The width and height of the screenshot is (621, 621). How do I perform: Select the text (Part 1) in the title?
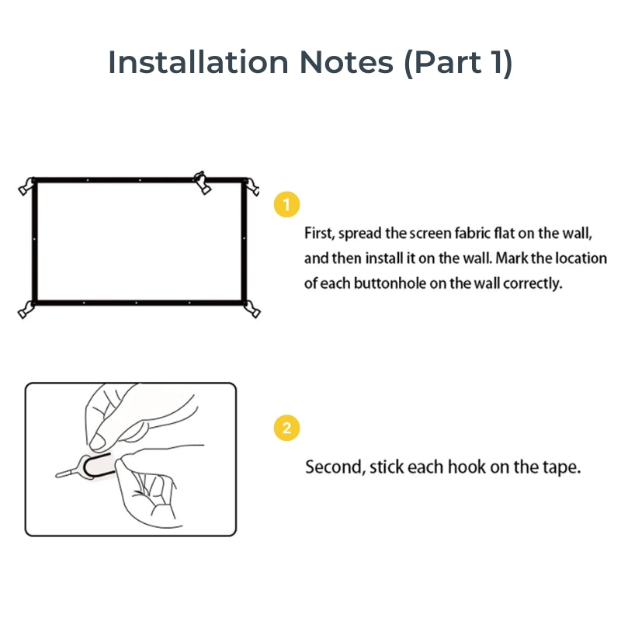point(458,62)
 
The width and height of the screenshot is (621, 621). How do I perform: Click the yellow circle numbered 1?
point(287,205)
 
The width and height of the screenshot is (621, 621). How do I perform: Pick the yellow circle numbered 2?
point(287,428)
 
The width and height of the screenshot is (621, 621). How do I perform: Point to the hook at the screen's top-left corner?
point(26,187)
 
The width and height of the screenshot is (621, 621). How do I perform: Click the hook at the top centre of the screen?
point(202,182)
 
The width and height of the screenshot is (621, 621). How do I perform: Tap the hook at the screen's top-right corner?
point(252,186)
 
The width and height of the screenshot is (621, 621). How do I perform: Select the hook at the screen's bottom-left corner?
point(26,309)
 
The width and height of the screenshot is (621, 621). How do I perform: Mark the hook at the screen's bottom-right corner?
point(252,308)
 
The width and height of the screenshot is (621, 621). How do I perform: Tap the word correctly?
point(532,283)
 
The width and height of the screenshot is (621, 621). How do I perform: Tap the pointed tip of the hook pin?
point(58,474)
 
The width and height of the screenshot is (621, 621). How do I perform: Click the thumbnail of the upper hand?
point(99,441)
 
